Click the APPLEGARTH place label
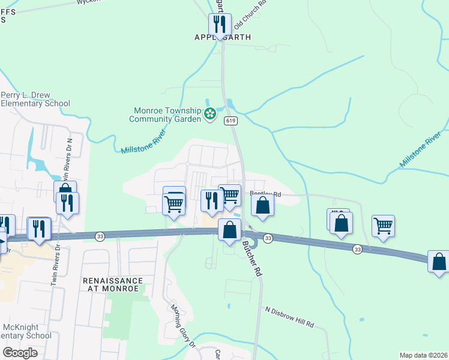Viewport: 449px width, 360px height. point(223,37)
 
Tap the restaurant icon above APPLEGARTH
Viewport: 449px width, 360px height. point(219,25)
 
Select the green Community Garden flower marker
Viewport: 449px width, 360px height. point(210,113)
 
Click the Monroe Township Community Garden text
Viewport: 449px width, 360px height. point(166,115)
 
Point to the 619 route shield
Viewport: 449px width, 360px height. point(231,121)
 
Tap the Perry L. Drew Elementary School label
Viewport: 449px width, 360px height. point(35,99)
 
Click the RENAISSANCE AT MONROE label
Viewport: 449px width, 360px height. point(113,284)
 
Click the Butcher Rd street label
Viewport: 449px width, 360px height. point(252,258)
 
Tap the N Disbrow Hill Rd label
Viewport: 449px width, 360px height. point(290,316)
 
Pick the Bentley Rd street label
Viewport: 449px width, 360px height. point(266,194)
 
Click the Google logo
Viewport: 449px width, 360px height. point(20,353)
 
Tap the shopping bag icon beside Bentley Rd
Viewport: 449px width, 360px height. point(263,205)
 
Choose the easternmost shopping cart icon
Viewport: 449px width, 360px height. point(383,226)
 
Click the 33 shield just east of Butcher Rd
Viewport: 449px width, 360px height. point(268,239)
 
